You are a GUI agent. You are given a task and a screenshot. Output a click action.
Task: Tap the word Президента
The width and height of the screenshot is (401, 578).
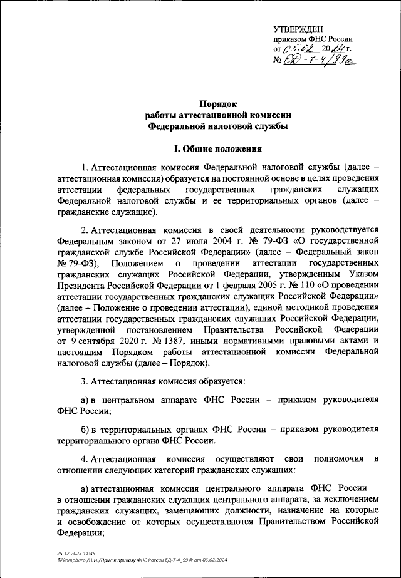coord(79,284)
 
